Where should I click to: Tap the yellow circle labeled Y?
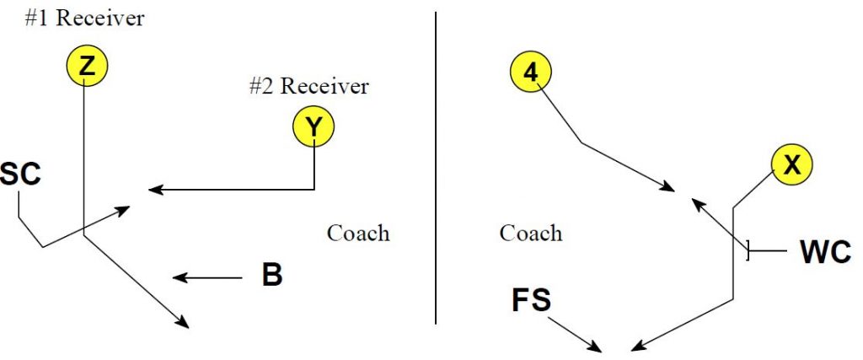314,126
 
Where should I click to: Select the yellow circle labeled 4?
530,73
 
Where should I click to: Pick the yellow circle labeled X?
791,165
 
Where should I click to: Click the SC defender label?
20,176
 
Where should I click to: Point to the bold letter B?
271,276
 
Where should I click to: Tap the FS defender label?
531,300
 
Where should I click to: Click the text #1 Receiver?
84,19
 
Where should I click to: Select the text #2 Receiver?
308,85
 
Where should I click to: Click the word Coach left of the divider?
358,233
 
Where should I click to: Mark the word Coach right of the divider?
531,233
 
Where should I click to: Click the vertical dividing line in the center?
436,169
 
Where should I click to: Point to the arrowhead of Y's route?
153,191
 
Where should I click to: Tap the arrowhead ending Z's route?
183,322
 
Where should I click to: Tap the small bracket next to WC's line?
748,250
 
